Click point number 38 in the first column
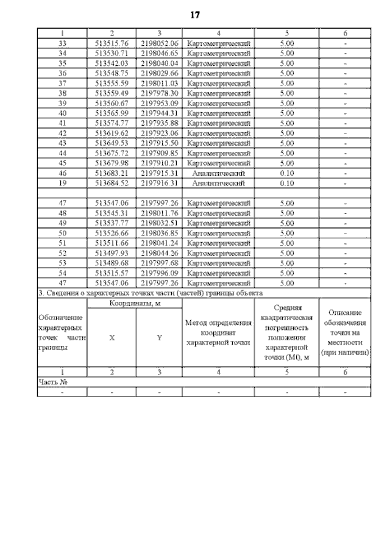[62, 93]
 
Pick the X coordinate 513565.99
[112, 114]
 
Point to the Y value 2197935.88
[158, 123]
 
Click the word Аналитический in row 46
[218, 174]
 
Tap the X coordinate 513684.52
[112, 182]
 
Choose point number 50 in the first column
[62, 233]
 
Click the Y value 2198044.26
[158, 254]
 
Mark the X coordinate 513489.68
[112, 262]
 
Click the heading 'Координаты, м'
[135, 303]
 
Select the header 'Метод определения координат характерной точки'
[218, 333]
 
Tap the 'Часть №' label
[52, 382]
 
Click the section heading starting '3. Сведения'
[146, 293]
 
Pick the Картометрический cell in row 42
[218, 132]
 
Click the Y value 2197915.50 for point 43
[158, 143]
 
